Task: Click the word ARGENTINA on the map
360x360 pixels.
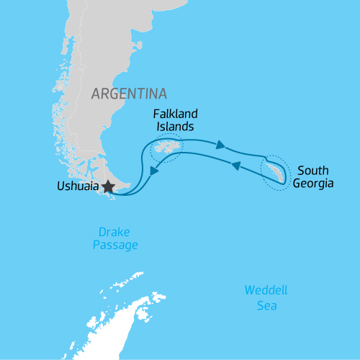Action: tap(129, 94)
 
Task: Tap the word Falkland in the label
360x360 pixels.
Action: tap(176, 114)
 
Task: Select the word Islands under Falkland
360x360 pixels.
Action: tap(176, 127)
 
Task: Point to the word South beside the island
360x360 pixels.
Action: tap(313, 171)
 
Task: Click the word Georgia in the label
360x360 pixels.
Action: tap(313, 184)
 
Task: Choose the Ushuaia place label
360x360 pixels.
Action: tap(78, 186)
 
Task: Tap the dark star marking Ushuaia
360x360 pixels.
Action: tap(108, 187)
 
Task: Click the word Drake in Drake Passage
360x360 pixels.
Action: tap(114, 233)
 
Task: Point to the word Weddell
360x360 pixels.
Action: tap(266, 291)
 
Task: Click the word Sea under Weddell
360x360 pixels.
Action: tap(266, 305)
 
